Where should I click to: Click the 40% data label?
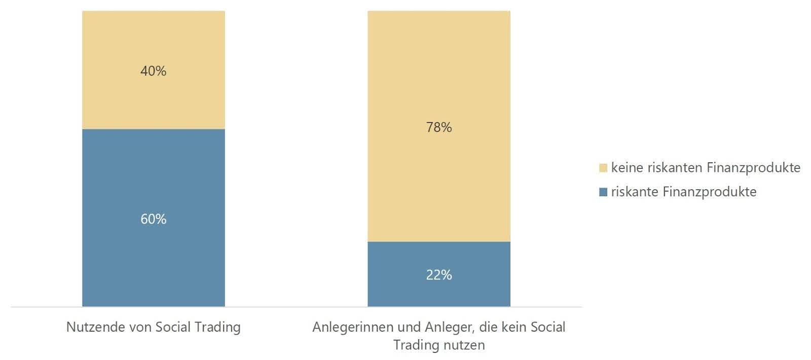(x=153, y=71)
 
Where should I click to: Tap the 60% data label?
(x=153, y=219)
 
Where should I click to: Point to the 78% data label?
(x=438, y=127)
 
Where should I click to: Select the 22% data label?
(x=438, y=275)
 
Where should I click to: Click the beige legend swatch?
(x=603, y=168)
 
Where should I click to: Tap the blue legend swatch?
(x=603, y=192)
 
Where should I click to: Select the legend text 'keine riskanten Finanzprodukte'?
(x=706, y=168)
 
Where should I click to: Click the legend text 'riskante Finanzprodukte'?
(x=683, y=192)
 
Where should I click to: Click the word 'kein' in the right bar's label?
(x=515, y=327)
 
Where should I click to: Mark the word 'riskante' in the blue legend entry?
(x=634, y=192)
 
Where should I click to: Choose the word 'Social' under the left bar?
(x=173, y=327)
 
